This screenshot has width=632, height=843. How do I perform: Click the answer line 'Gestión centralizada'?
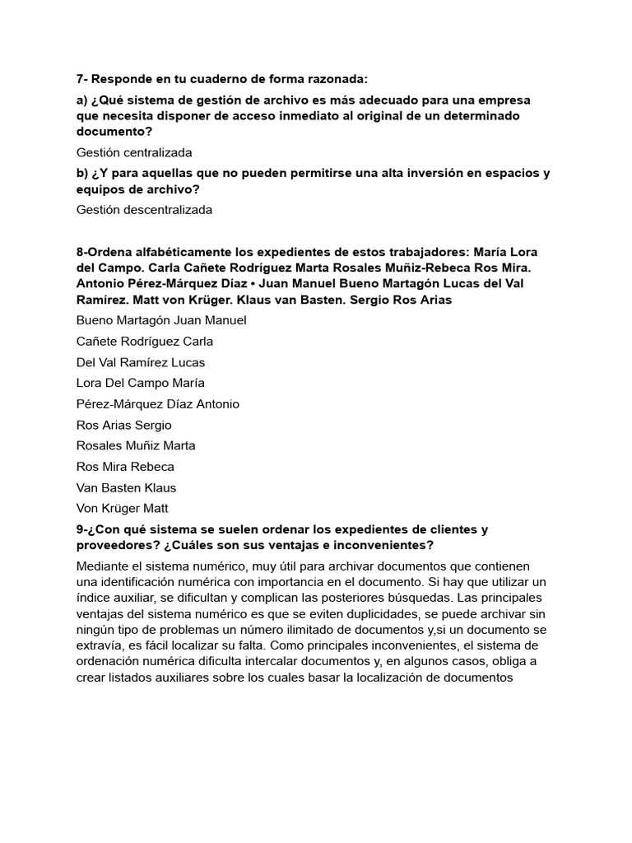pos(134,152)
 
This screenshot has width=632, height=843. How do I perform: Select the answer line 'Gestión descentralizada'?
pos(144,209)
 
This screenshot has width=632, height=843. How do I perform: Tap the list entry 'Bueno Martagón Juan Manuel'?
pos(161,320)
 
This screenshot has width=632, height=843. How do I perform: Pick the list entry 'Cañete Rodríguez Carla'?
pos(145,341)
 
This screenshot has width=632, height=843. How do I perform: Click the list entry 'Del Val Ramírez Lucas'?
pos(141,362)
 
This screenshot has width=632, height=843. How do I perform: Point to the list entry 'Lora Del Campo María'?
pos(141,383)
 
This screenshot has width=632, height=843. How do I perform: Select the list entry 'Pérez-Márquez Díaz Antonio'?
pos(158,404)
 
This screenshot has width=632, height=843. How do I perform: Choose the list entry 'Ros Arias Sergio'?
pos(124,425)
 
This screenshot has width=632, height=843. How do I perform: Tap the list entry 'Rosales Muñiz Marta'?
pos(136,445)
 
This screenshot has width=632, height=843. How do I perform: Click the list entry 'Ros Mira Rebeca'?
pos(125,466)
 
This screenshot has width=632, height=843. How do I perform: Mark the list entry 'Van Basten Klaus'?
pos(126,487)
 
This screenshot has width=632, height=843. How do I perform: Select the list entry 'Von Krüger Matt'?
pos(123,508)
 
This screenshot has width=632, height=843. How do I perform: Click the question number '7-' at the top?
pos(81,79)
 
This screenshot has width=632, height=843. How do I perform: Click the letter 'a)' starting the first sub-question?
pos(82,100)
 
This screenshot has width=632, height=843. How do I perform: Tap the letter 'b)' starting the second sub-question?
pos(82,173)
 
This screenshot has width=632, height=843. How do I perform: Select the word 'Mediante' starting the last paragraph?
pos(104,566)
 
